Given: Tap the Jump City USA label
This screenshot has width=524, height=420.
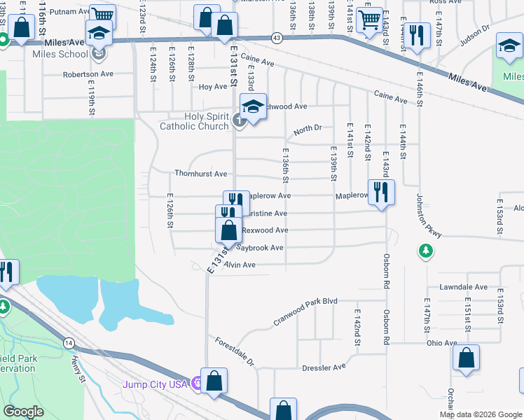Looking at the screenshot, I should coord(155,384).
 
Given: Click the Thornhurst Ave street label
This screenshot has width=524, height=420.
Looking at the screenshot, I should coord(200,174).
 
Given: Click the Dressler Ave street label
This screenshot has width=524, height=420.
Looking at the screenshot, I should coord(324,367).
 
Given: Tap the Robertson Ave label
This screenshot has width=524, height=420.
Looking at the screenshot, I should coord(88,74).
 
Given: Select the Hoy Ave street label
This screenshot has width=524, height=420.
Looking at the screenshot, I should coord(213,87).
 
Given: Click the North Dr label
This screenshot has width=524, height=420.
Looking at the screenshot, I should coord(307,129).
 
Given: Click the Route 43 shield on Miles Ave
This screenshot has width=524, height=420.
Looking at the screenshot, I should coord(277,38).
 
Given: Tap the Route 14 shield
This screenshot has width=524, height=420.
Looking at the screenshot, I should coord(68,343).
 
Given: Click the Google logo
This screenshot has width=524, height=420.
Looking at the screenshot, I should coord(23,412).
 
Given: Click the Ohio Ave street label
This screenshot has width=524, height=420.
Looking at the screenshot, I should coord(442,343).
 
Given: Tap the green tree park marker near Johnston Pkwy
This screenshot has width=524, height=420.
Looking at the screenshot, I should coord(425,250).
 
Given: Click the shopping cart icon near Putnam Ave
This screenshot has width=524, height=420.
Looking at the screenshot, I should coord(103,15).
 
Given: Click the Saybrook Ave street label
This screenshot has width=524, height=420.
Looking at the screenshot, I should coord(259,248).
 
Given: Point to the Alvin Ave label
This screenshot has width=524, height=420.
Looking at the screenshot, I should coord(239,265).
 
